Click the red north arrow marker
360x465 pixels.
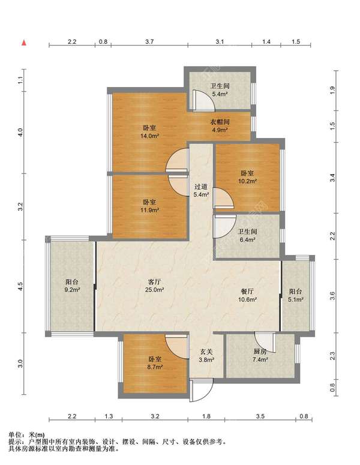[25, 43]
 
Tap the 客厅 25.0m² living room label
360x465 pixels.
[154, 286]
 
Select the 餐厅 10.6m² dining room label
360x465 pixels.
[247, 295]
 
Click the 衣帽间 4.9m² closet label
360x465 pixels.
[220, 126]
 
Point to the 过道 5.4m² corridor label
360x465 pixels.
[202, 190]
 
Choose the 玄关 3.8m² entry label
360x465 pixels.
[206, 356]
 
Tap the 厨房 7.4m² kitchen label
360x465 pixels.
[260, 356]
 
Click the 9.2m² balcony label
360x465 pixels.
[72, 286]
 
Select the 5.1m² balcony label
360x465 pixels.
[296, 295]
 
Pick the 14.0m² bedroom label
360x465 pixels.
[149, 132]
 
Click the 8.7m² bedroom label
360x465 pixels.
[155, 363]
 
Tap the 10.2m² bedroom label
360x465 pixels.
[247, 177]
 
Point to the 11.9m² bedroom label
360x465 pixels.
[149, 206]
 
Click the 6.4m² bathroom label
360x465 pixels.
[247, 235]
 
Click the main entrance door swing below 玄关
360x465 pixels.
[202, 391]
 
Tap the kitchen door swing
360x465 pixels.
[266, 342]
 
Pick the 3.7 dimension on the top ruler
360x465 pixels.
[150, 41]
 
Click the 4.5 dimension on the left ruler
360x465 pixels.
[20, 286]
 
